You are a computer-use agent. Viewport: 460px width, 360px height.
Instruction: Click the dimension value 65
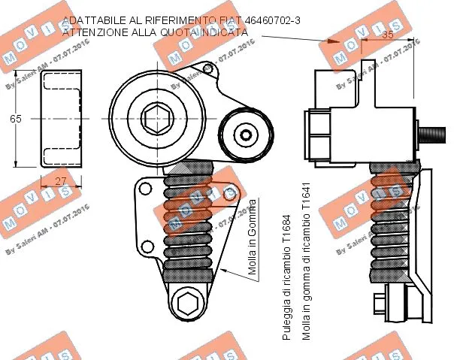click(x=16, y=119)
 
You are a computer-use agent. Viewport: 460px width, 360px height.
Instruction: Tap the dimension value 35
click(x=389, y=35)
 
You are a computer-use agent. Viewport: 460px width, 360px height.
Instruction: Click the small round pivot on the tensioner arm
click(x=244, y=135)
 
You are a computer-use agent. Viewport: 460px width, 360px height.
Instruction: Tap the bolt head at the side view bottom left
click(x=379, y=304)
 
